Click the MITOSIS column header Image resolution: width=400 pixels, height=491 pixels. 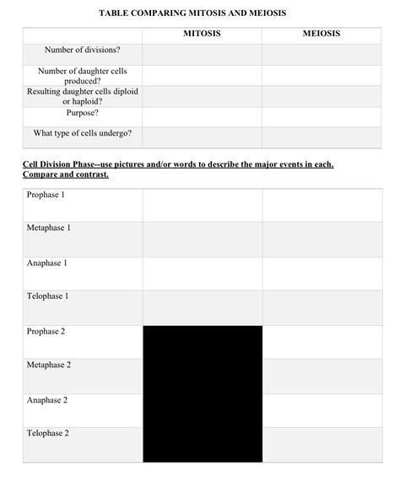[202, 35]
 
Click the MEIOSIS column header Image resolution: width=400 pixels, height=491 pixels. [322, 35]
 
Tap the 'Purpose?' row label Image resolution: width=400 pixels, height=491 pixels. [83, 112]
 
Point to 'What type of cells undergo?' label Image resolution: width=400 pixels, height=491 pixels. [83, 133]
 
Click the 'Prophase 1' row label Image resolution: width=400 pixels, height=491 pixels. [46, 195]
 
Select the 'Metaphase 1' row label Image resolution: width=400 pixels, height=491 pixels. [49, 228]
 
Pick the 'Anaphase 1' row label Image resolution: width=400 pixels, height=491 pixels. [47, 263]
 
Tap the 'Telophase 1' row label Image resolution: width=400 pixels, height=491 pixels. [48, 296]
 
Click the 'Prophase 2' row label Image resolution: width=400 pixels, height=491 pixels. [46, 331]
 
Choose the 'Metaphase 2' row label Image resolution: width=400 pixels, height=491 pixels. [49, 365]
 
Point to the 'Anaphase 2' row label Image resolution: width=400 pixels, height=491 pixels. [47, 399]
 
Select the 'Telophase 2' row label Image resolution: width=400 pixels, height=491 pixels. [48, 433]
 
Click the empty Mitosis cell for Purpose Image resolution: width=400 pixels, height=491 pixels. [202, 115]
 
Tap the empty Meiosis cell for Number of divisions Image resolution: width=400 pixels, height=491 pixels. [322, 54]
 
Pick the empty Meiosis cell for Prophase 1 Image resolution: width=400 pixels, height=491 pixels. [322, 205]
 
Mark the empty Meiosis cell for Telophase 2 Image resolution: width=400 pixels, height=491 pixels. [322, 443]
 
